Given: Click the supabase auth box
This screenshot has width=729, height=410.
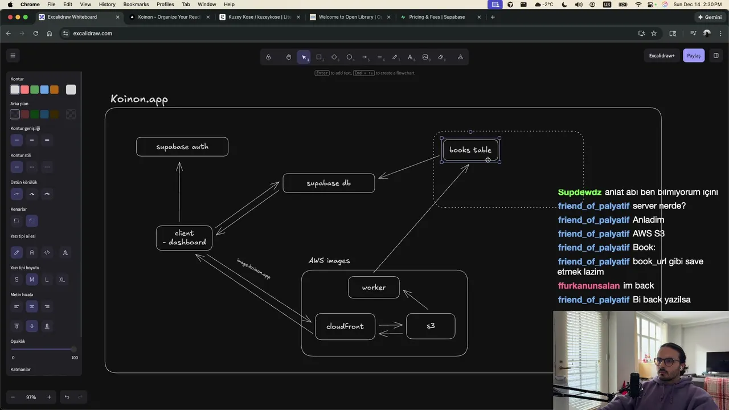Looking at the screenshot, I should click(182, 147).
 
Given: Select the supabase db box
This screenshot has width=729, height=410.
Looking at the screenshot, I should click(329, 183).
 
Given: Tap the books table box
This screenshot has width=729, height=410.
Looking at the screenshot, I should click(470, 150).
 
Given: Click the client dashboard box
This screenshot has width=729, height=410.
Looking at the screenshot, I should click(184, 237).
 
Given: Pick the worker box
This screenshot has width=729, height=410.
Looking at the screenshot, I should click(374, 288).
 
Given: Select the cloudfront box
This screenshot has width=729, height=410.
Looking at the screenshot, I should click(345, 326).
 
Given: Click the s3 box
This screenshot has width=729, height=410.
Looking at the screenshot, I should click(431, 326).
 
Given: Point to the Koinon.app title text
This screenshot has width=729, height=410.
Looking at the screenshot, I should click(139, 99).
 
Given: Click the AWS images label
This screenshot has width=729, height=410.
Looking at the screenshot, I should click(329, 261).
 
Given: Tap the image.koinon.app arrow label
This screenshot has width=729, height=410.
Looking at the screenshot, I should click(253, 269).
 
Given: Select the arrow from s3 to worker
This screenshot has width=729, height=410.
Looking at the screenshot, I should click(416, 300).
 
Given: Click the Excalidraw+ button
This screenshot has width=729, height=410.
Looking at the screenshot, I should click(662, 56).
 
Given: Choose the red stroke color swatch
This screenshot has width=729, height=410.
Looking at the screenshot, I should click(24, 89).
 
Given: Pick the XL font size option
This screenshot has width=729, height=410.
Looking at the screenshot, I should click(62, 280).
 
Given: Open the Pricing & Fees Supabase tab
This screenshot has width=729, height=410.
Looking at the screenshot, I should click(437, 17).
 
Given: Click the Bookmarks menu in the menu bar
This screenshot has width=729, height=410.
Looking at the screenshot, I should click(136, 4).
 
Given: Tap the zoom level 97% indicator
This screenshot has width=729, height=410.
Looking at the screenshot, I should click(31, 397).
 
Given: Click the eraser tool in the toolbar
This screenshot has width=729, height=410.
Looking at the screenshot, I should click(441, 57).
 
